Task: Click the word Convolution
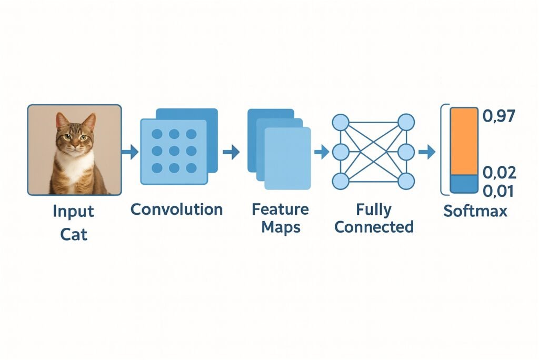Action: [x=176, y=209]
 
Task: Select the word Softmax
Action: [x=475, y=211]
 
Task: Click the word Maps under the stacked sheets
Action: [x=280, y=227]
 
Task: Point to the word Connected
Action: [x=374, y=227]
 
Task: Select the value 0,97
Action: [x=499, y=115]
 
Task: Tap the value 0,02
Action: [x=500, y=172]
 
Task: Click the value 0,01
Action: [x=500, y=191]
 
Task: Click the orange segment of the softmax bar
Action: [x=464, y=141]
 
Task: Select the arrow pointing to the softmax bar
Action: [x=427, y=153]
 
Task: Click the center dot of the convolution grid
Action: [x=173, y=151]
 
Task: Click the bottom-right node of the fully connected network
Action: [x=406, y=182]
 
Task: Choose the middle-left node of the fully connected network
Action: [x=340, y=153]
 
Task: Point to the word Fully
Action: [x=374, y=209]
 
